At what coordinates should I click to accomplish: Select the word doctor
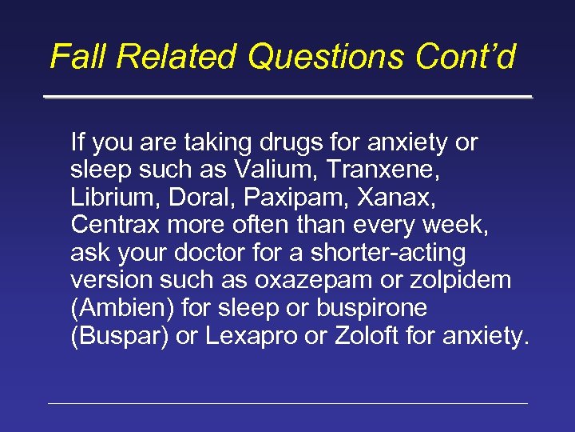click(229, 253)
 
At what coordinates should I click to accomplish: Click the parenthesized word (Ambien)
click(123, 308)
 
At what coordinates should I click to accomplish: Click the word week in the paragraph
click(451, 226)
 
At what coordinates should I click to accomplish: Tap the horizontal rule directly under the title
click(287, 97)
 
